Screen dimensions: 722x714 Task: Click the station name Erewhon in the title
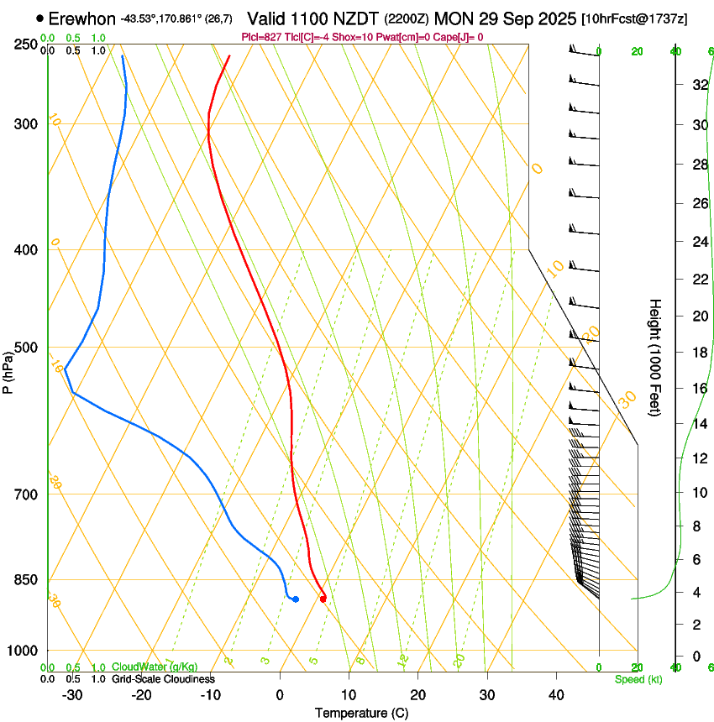[x=82, y=18]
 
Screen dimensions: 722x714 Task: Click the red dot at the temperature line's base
[x=323, y=599]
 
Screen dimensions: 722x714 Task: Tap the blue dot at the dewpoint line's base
[x=295, y=599]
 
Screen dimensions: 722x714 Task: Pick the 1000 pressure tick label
[x=24, y=651]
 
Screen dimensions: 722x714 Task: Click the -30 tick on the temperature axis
[x=72, y=694]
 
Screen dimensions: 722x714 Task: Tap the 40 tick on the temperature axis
[x=556, y=694]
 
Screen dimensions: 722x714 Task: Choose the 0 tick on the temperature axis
[x=280, y=694]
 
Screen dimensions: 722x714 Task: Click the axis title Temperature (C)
[x=361, y=713]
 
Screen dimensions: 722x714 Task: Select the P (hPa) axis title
[x=8, y=369]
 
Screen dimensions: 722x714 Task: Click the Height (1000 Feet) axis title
[x=655, y=357]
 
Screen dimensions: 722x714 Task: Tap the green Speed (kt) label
[x=638, y=679]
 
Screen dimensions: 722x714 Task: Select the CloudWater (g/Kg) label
[x=155, y=667]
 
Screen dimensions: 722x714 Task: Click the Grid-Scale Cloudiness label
[x=163, y=679]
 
